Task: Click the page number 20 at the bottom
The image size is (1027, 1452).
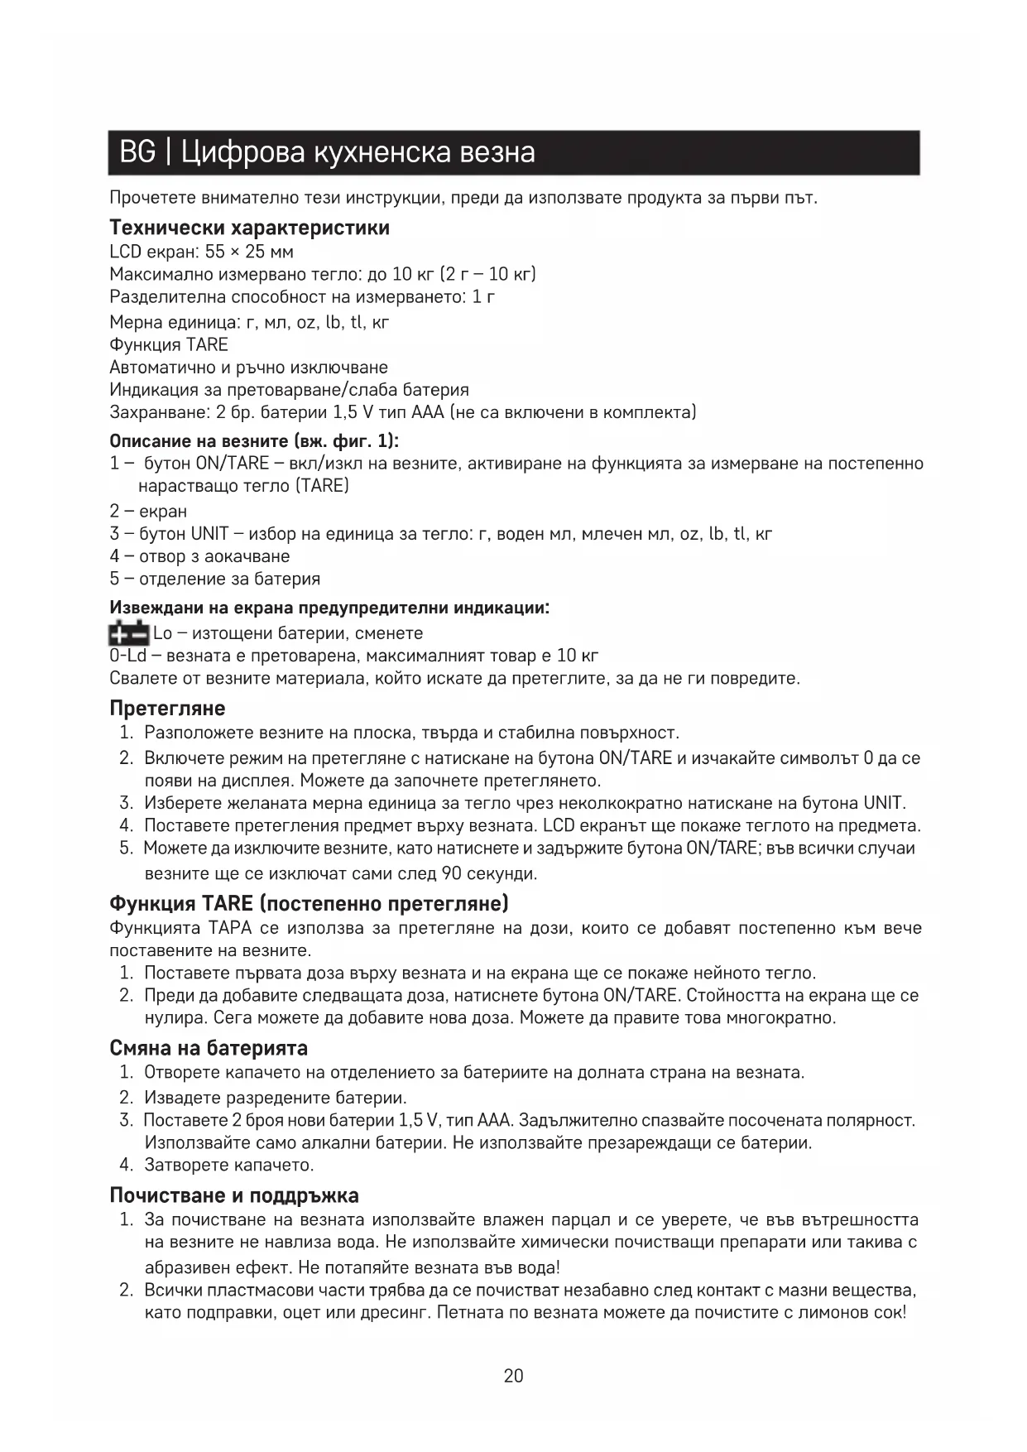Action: coord(513,1376)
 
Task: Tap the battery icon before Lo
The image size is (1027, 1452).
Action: coord(129,633)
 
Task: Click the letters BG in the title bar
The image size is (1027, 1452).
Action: coord(137,152)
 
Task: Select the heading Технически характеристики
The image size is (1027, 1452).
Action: coord(249,228)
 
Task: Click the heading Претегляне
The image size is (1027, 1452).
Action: coord(167,709)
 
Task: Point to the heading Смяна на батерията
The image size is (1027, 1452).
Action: coord(209,1048)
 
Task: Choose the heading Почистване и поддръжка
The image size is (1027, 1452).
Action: coord(234,1195)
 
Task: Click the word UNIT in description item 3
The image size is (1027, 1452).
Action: coord(209,534)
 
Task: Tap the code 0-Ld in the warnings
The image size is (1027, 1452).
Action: coord(127,656)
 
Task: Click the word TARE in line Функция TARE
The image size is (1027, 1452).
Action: coord(207,344)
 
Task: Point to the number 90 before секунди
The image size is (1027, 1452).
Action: coord(452,873)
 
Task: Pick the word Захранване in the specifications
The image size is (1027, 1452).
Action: coord(156,412)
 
